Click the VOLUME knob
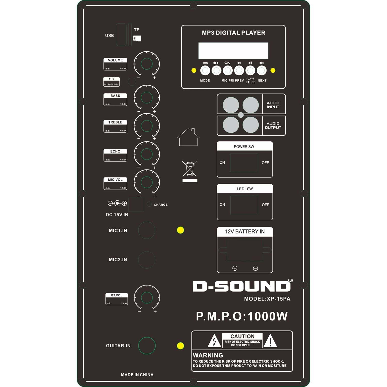[147, 64]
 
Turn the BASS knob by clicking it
[147, 98]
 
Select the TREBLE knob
[147, 126]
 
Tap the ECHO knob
[147, 154]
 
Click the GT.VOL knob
[147, 297]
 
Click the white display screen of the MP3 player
[233, 51]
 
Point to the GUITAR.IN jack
[147, 345]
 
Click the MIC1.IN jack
[147, 230]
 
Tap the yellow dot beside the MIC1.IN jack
[180, 230]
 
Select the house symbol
[188, 137]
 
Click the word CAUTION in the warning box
[243, 336]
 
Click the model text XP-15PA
[279, 299]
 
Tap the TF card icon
[137, 38]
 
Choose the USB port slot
[121, 35]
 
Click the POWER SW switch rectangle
[244, 163]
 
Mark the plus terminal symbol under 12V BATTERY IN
[235, 268]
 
